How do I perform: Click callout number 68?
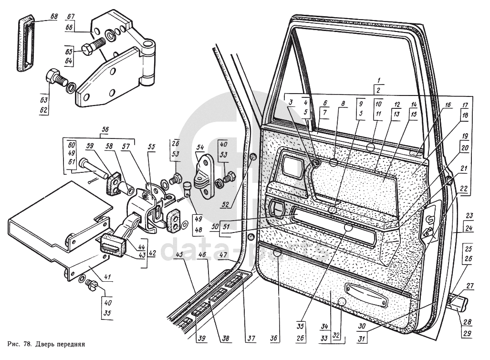click(54, 17)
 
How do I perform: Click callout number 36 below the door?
click(273, 338)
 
